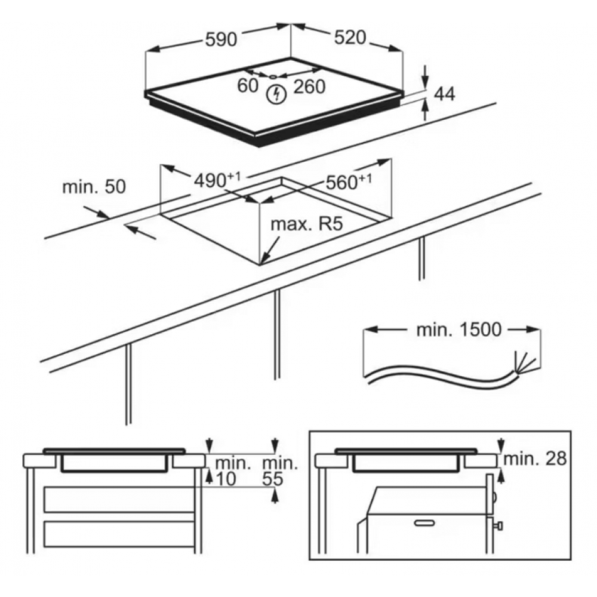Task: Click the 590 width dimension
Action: pos(221,39)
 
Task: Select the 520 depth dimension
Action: pos(350,37)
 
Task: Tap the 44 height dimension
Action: pos(445,94)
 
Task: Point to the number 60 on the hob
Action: pos(248,85)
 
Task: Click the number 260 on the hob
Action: pos(309,87)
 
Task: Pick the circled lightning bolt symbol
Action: pos(276,94)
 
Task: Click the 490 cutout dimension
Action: pos(217,180)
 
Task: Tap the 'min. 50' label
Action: pos(94,187)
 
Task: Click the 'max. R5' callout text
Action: pos(306,224)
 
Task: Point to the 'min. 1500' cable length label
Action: pos(458,330)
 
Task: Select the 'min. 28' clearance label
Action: pos(535,458)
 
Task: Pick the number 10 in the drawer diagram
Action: pos(226,479)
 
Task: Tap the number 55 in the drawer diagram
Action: pos(273,479)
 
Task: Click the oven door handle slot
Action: pos(424,523)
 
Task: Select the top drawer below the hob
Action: pos(119,499)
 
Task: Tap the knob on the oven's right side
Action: pos(498,526)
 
